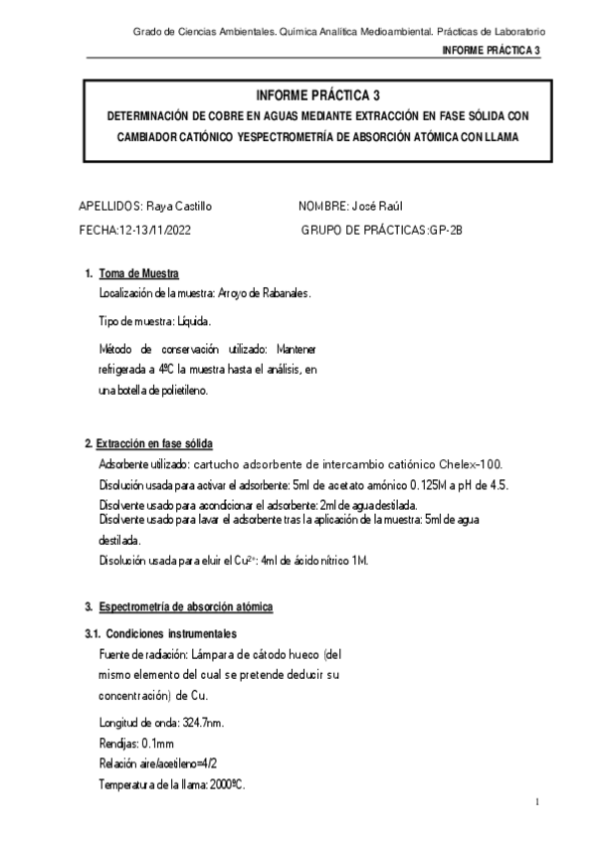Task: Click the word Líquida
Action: [x=194, y=322]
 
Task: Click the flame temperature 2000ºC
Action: [x=224, y=785]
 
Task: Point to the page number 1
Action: [x=536, y=801]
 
